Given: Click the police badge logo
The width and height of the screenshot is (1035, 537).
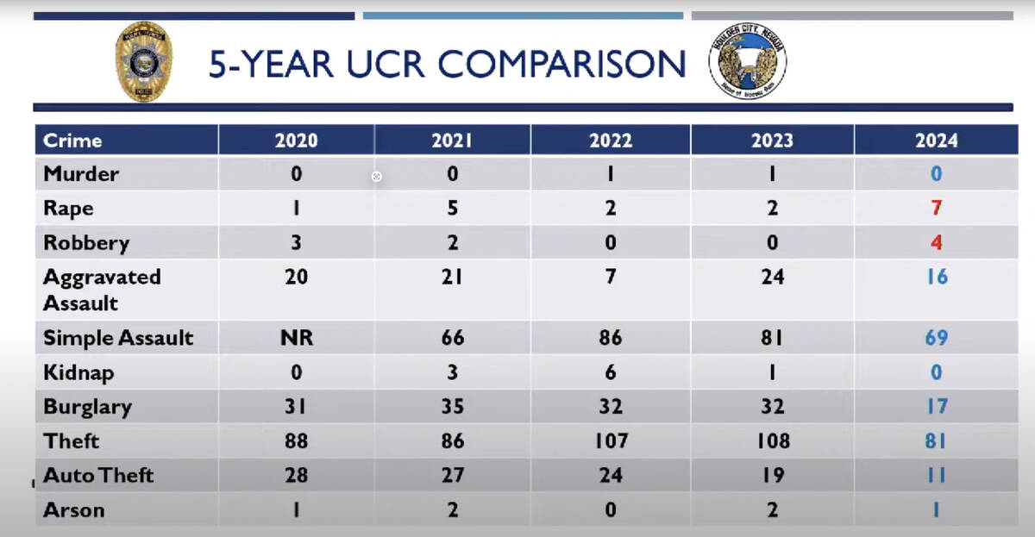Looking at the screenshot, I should click(x=144, y=62).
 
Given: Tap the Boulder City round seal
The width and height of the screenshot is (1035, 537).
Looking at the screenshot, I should click(x=747, y=63).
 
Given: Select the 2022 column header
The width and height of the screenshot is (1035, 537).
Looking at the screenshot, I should click(x=610, y=140).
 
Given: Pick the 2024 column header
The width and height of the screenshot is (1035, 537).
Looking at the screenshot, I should click(x=936, y=140).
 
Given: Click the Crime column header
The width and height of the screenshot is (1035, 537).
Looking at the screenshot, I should click(x=72, y=140).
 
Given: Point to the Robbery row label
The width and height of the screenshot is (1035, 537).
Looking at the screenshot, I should click(x=86, y=242).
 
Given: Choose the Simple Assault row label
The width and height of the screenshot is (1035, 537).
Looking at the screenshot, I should click(x=118, y=338).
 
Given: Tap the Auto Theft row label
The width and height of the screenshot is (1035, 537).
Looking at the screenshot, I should click(x=98, y=475).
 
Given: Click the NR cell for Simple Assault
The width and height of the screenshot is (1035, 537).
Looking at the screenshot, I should click(x=296, y=338).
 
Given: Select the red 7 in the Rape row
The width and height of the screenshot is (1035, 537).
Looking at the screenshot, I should click(x=936, y=209).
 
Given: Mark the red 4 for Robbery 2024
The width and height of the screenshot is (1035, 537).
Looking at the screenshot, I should click(x=936, y=242).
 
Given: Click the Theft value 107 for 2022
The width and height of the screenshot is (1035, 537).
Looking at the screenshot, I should click(x=610, y=441).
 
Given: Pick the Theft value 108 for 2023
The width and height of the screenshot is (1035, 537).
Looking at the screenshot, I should click(x=772, y=441).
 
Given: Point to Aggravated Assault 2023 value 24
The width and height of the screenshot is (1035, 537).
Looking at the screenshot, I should click(x=772, y=278).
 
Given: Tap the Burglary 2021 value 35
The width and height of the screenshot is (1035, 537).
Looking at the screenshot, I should click(x=453, y=407).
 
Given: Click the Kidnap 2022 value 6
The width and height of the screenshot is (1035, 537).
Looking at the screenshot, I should click(x=610, y=372).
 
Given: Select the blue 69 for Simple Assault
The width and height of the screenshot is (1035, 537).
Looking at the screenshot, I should click(x=936, y=338).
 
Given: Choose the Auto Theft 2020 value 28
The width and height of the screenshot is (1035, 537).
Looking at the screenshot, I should click(x=296, y=475).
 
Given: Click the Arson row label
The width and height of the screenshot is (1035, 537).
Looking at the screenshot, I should click(x=74, y=509).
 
